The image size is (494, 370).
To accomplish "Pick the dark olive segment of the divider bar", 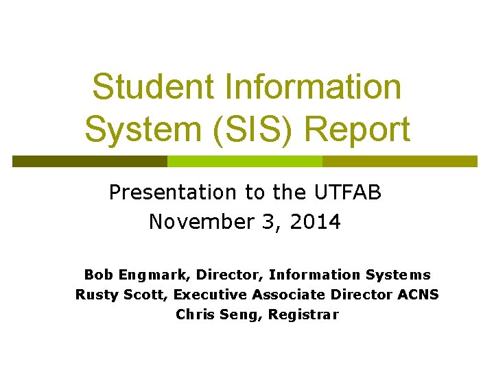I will coord(90,162).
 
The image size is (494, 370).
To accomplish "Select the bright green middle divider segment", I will coord(245,162).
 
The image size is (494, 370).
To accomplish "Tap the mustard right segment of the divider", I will coord(399,162).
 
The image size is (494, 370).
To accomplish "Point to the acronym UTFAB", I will coord(349,193).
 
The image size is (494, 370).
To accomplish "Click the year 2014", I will coord(316,223).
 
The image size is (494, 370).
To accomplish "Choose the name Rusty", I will coord(95,295).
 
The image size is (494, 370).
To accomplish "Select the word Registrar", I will coord(303,315).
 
